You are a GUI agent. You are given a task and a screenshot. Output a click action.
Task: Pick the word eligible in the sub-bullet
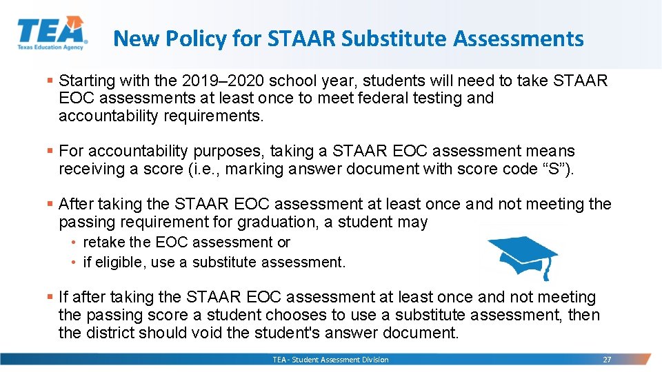pyautogui.click(x=120, y=262)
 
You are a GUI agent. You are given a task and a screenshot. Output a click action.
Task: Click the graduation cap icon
pyautogui.click(x=521, y=255)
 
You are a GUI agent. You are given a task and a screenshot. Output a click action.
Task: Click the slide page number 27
pyautogui.click(x=607, y=360)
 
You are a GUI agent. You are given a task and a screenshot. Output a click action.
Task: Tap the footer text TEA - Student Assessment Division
pyautogui.click(x=330, y=360)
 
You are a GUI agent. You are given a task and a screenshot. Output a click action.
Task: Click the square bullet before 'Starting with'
pyautogui.click(x=50, y=81)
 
